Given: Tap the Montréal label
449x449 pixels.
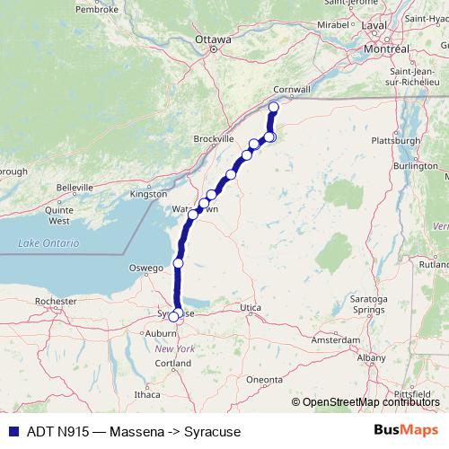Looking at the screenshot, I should point(388,48).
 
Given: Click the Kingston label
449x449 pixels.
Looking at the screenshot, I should point(148,193).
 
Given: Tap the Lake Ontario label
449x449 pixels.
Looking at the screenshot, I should point(48,243).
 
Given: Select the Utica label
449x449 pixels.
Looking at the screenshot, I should point(250,308).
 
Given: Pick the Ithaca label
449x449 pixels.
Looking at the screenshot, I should point(146,394).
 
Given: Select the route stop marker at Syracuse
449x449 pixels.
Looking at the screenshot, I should point(174,316).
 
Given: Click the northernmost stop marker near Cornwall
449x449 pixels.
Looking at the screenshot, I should point(274,108).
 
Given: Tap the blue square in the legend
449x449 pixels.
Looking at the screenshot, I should point(10,431).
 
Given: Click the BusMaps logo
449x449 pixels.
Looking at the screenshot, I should point(407,431).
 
